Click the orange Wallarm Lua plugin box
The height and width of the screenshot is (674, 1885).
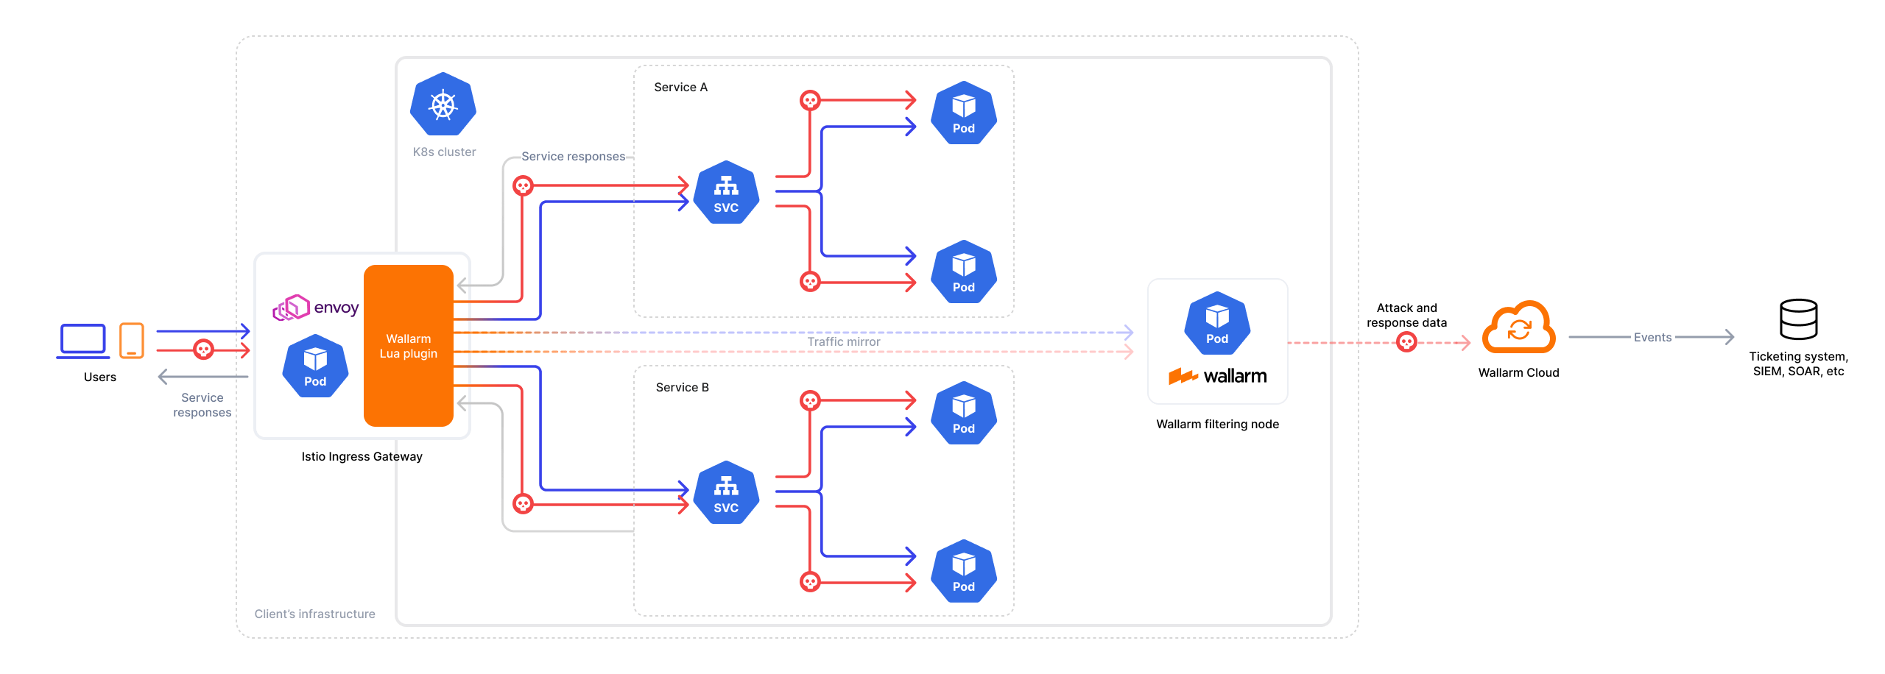coord(409,346)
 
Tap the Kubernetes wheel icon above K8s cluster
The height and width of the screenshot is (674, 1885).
coord(443,104)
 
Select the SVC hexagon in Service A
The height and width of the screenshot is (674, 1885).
coord(726,193)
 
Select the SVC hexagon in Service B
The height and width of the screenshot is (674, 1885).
coord(726,493)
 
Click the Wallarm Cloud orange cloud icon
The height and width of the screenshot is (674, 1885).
coord(1518,328)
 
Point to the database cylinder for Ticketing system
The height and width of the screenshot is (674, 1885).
coord(1798,319)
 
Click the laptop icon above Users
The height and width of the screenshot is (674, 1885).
coord(83,341)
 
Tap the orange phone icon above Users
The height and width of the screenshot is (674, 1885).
coord(132,341)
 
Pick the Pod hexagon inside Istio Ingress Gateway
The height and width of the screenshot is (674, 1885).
coord(315,366)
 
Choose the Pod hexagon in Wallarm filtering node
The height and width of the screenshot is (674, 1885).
coord(1217,324)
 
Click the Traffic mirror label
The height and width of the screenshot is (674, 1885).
coord(844,342)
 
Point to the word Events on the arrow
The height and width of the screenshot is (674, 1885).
coord(1652,338)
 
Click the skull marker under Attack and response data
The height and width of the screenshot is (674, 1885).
coord(1406,342)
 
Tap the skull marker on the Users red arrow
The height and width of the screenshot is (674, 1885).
coord(203,350)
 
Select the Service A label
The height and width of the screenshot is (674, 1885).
coord(680,88)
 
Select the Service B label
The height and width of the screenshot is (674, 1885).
coord(682,388)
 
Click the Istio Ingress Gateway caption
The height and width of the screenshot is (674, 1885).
coord(362,457)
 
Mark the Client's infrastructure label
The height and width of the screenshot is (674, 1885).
coord(314,614)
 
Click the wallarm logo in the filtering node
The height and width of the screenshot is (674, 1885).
coord(1218,377)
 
